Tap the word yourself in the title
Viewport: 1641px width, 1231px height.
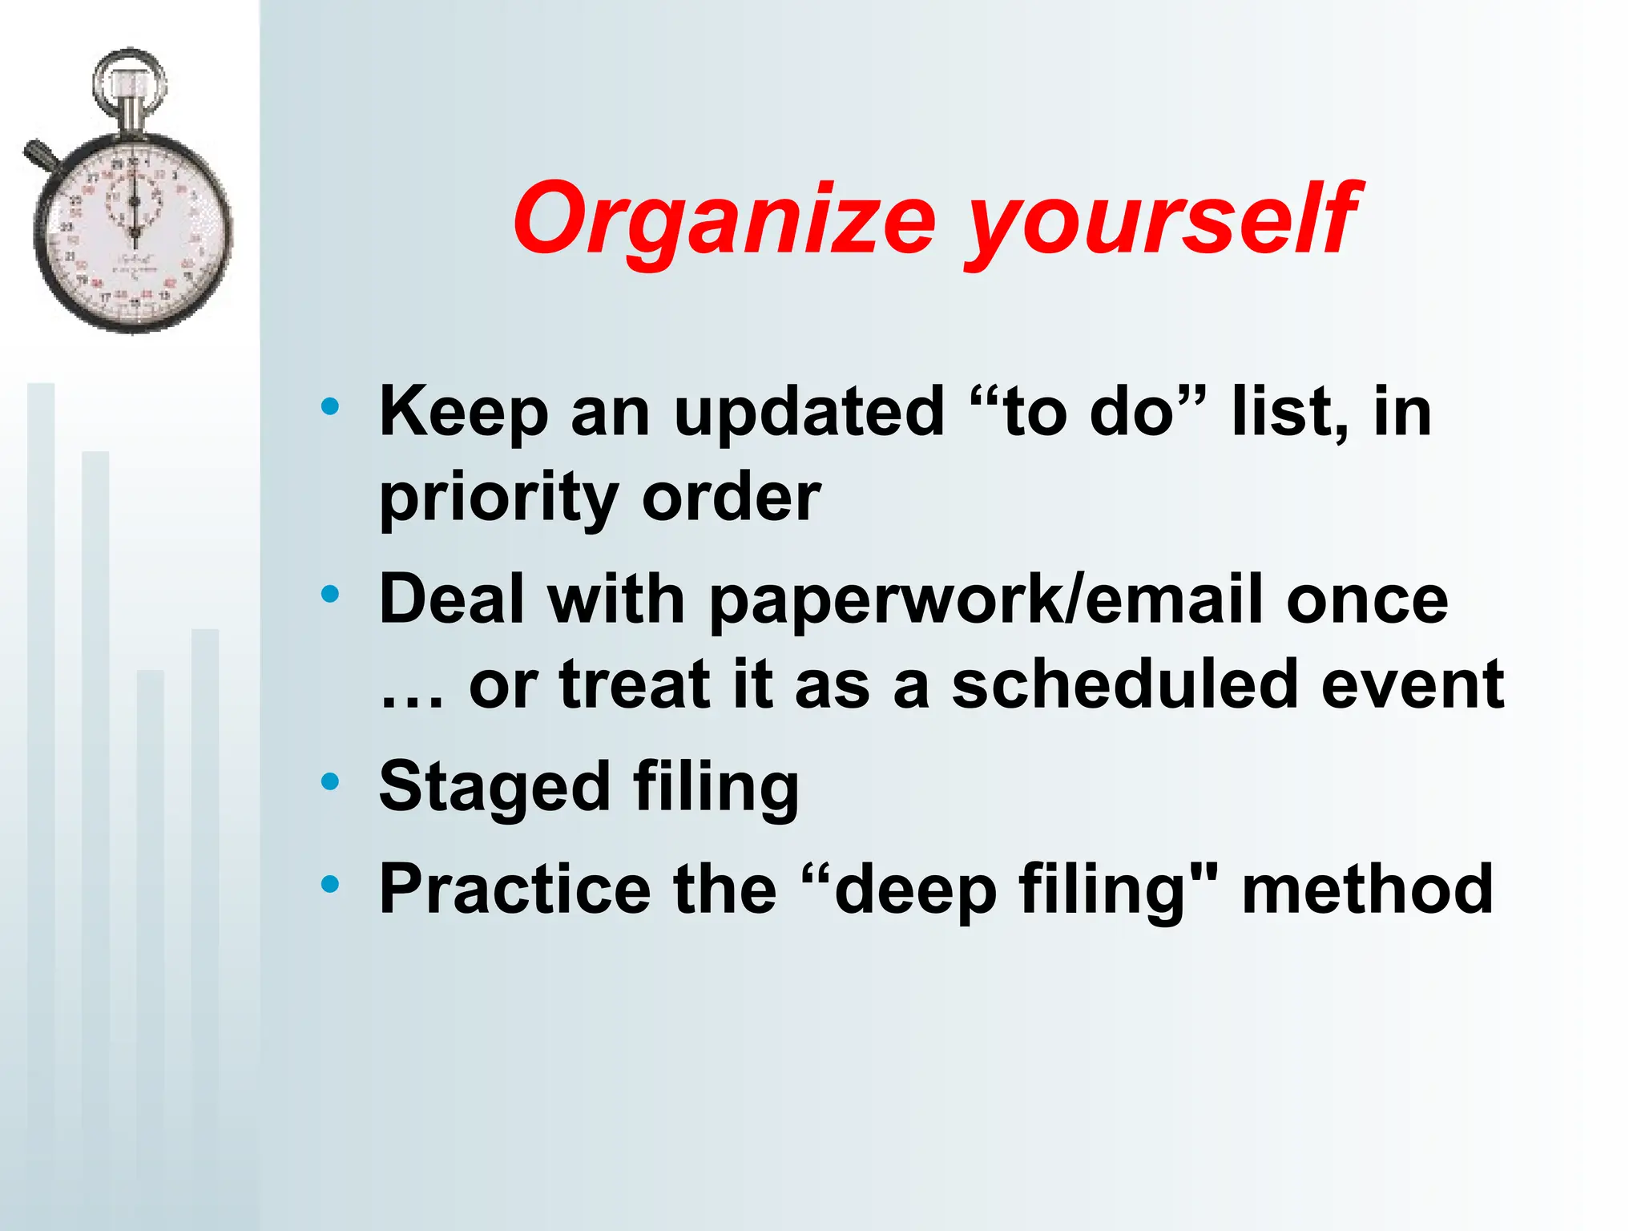(1159, 218)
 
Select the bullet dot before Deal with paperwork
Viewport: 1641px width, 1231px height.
(329, 594)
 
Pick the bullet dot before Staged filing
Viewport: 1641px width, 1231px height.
(329, 781)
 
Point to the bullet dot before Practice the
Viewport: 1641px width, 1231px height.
(329, 884)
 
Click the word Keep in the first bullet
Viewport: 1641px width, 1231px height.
(463, 414)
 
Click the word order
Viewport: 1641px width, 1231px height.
(731, 498)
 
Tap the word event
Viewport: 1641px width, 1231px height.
(1412, 686)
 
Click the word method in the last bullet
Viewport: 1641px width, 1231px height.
(1367, 889)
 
